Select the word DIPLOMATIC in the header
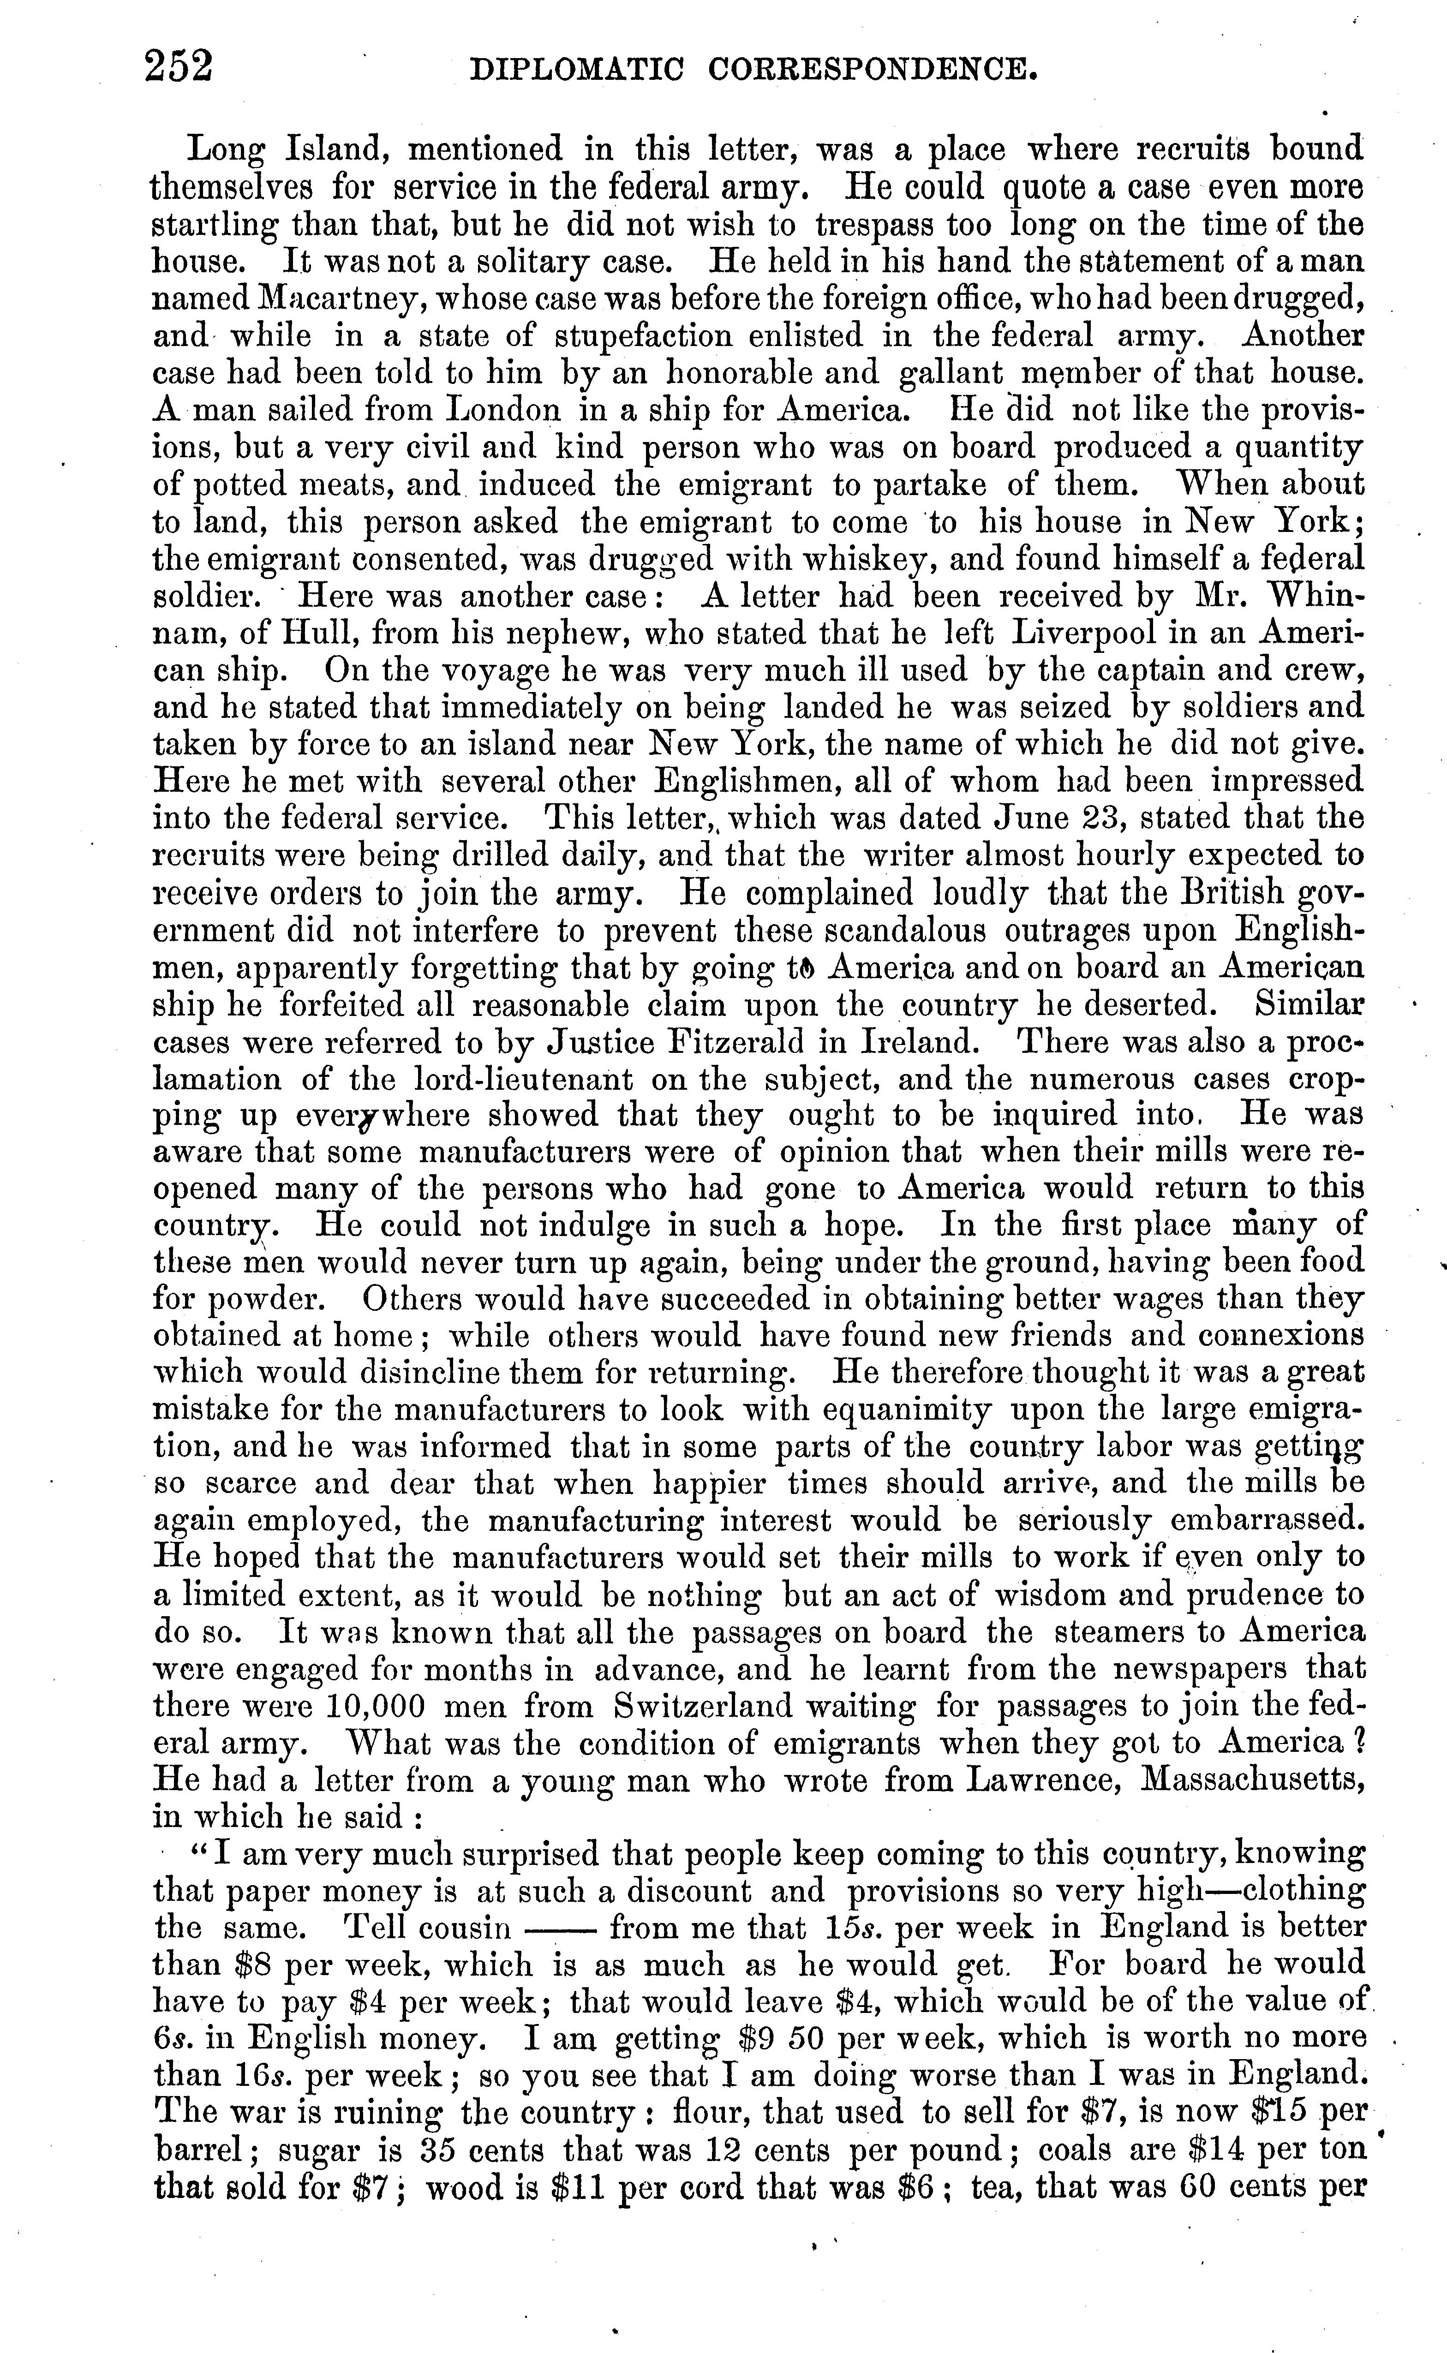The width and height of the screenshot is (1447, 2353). [x=579, y=70]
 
